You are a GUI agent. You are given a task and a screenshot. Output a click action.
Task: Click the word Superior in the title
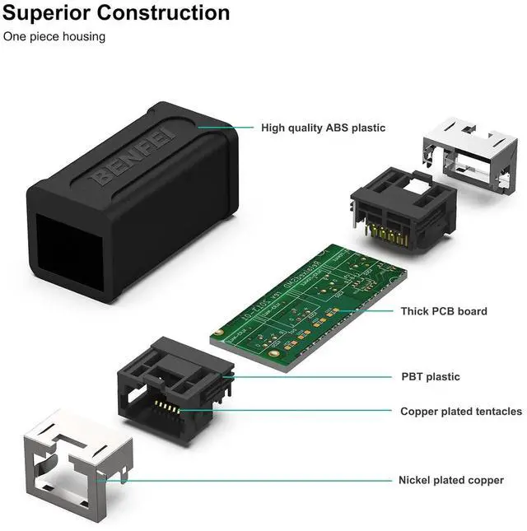pyautogui.click(x=49, y=13)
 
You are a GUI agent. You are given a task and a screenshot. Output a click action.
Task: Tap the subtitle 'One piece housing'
pyautogui.click(x=54, y=37)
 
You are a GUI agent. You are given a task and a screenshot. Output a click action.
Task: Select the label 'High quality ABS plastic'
pyautogui.click(x=323, y=128)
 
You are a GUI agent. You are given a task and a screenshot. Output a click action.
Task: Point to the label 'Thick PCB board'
pyautogui.click(x=443, y=311)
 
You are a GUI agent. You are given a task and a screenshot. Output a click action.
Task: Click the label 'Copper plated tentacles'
pyautogui.click(x=460, y=411)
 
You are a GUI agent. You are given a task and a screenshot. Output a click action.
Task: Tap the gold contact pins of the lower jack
pyautogui.click(x=168, y=408)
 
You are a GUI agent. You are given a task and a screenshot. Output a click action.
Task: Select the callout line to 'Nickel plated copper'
pyautogui.click(x=247, y=480)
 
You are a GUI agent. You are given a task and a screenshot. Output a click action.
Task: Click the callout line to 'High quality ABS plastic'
pyautogui.click(x=231, y=127)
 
